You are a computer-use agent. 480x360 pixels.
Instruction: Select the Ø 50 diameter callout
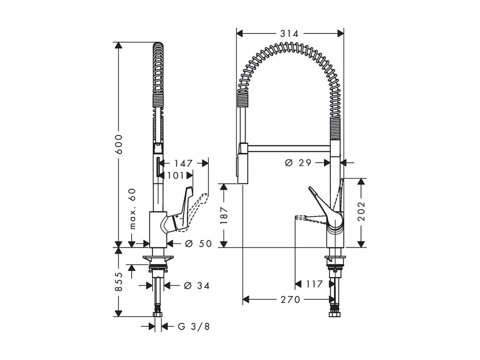pos(198,244)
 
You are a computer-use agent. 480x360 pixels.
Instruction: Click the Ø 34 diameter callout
pos(197,286)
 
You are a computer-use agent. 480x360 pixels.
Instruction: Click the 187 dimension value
pos(224,215)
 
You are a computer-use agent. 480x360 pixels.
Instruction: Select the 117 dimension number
pos(314,284)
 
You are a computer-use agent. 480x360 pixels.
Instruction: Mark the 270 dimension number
pos(291,300)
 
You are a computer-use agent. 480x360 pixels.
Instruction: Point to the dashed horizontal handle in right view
pos(310,218)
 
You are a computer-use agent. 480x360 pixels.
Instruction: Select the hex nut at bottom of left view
pos(158,314)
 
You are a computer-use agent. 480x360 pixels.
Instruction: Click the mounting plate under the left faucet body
pos(158,258)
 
